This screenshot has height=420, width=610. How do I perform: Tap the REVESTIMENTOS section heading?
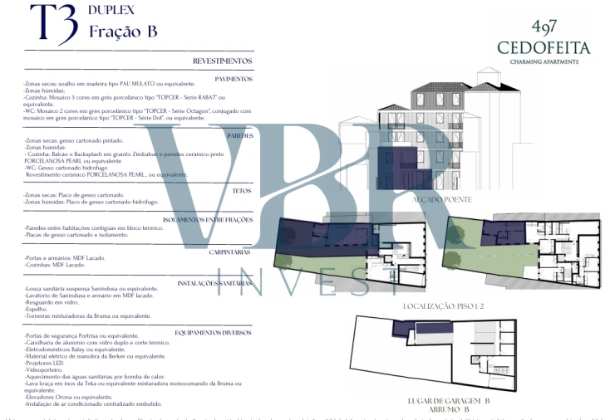[x=223, y=61]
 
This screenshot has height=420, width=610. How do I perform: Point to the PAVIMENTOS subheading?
[x=234, y=78]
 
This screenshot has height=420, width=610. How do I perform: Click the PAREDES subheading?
[x=239, y=134]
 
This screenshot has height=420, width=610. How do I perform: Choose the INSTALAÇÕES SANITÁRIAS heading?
[x=215, y=282]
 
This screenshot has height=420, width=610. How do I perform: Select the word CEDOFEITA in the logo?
[x=544, y=48]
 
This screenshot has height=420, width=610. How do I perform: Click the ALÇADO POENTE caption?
[x=442, y=200]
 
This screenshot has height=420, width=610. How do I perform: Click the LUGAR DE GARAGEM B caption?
[x=449, y=401]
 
